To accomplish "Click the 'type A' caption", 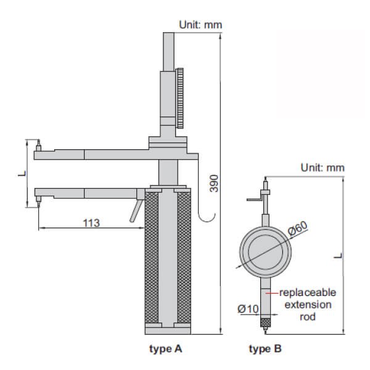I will pyautogui.click(x=166, y=348).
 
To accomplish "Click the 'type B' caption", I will pyautogui.click(x=265, y=348).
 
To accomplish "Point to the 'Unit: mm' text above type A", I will pyautogui.click(x=200, y=24).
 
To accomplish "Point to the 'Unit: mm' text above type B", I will pyautogui.click(x=323, y=167).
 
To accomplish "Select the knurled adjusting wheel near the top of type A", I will pyautogui.click(x=180, y=99).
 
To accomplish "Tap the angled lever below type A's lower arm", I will pyautogui.click(x=134, y=210).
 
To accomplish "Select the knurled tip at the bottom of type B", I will pyautogui.click(x=265, y=322).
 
